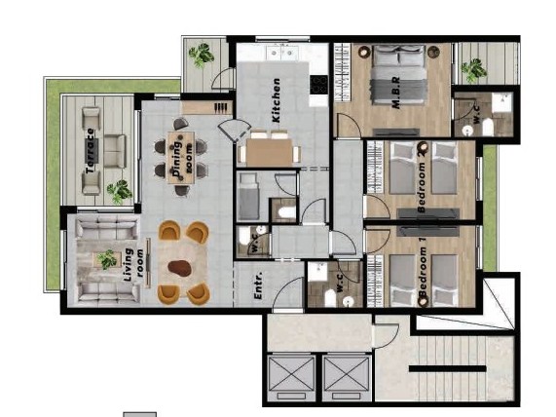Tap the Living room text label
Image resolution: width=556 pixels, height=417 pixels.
(x=133, y=264)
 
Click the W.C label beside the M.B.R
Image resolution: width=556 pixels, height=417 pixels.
(x=474, y=118)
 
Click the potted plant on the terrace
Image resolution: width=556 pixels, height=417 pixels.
(x=119, y=191)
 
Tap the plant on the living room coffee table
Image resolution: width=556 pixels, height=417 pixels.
(x=106, y=260)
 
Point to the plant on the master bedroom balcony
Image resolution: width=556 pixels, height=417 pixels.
(x=473, y=69)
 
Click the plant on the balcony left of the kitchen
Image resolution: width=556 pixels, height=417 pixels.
(x=203, y=56)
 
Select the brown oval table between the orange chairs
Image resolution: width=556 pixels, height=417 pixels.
(x=181, y=266)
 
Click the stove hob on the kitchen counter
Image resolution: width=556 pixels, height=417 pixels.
(x=317, y=85)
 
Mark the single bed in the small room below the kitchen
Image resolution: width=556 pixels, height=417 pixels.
(x=249, y=197)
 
